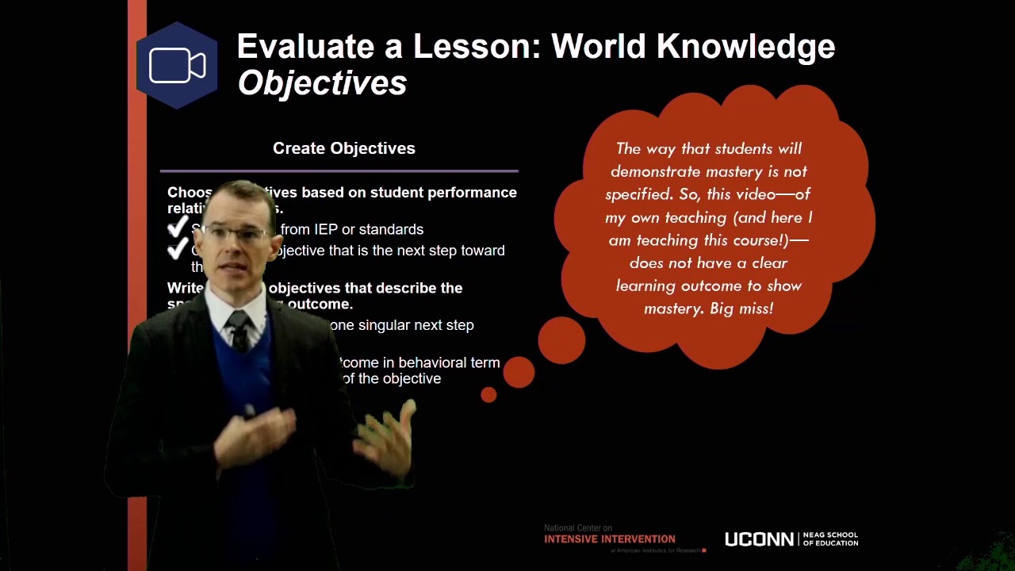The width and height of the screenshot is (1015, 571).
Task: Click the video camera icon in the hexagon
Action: point(177,66)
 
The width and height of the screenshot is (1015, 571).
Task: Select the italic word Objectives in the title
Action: point(322,83)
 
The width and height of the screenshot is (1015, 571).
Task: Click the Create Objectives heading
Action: point(343,148)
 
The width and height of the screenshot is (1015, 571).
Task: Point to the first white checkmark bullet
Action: point(178,228)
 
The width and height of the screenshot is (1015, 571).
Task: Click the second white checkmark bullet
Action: point(178,251)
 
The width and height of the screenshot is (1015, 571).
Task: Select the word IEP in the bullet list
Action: point(326,229)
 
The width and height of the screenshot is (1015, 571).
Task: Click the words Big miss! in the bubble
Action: point(741,308)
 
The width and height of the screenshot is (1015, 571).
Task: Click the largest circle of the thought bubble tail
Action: point(561,341)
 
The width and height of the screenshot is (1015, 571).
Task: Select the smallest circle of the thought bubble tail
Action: point(488,394)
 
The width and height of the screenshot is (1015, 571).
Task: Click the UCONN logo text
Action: point(759,539)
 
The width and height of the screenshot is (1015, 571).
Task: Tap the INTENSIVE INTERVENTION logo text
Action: point(609,539)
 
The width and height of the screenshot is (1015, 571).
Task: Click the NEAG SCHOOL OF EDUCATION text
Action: point(830,539)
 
